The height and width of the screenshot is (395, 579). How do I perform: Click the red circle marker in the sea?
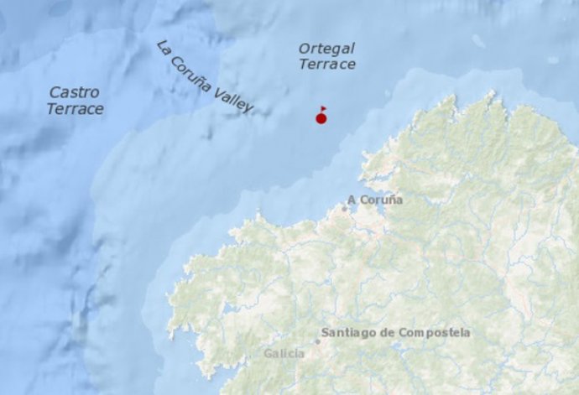tap(321, 118)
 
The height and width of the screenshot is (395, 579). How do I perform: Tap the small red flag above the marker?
tap(323, 108)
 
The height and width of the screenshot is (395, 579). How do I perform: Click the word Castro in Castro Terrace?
tap(74, 92)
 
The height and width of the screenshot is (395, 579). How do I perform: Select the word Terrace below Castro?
tap(76, 109)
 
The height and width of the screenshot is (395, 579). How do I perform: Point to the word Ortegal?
tap(326, 49)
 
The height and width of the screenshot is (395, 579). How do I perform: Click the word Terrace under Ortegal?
tap(327, 65)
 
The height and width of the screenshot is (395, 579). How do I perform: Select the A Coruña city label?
tap(375, 200)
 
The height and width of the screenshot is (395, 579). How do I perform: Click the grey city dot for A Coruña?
tap(343, 207)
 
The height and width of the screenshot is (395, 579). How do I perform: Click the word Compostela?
tap(436, 333)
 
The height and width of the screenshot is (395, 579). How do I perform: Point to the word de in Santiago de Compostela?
tap(392, 333)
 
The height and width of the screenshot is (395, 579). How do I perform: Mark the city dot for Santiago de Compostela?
tap(318, 340)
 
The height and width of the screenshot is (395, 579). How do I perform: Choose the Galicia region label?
tap(284, 354)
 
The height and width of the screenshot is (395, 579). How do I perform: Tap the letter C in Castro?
tap(55, 92)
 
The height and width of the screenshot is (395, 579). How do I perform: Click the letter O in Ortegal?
tap(304, 49)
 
